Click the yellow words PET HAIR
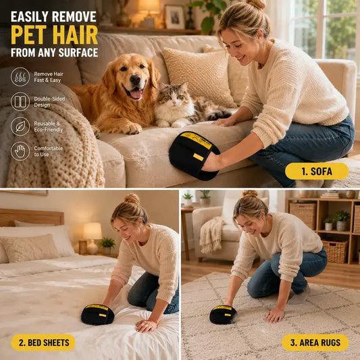pyautogui.click(x=55, y=34)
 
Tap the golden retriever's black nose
pyautogui.click(x=135, y=80)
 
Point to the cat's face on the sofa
pyautogui.click(x=174, y=98)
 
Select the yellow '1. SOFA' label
pyautogui.click(x=317, y=172)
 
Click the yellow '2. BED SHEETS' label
pyautogui.click(x=43, y=342)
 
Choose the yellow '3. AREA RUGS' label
pyautogui.click(x=315, y=342)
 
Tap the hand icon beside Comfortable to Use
pyautogui.click(x=20, y=151)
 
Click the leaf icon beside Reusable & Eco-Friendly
pyautogui.click(x=20, y=126)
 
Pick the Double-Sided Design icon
pyautogui.click(x=20, y=101)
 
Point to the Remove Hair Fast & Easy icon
pyautogui.click(x=20, y=77)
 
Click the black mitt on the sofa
pyautogui.click(x=195, y=155)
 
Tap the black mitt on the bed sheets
pyautogui.click(x=97, y=315)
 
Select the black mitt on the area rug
pyautogui.click(x=223, y=315)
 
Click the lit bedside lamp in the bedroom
pyautogui.click(x=93, y=238)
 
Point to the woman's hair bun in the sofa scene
pyautogui.click(x=256, y=5)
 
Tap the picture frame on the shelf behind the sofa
pyautogui.click(x=175, y=17)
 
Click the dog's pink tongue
pyautogui.click(x=136, y=94)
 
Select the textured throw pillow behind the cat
pyautogui.click(x=199, y=76)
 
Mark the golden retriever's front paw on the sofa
pyautogui.click(x=132, y=128)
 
